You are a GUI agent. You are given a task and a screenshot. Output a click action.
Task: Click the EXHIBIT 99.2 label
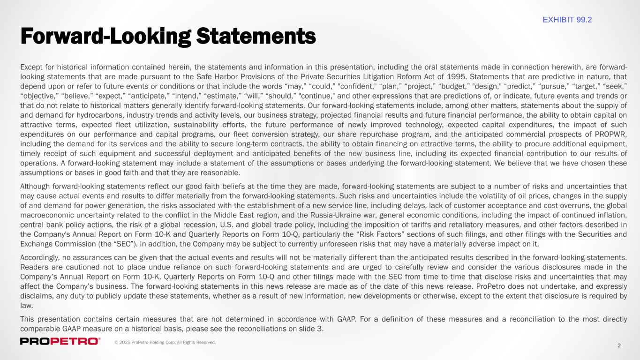[x=567, y=19]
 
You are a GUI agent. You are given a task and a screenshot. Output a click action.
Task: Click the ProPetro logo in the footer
[x=60, y=341]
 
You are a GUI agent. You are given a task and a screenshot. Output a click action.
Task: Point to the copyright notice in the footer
[x=165, y=343]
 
